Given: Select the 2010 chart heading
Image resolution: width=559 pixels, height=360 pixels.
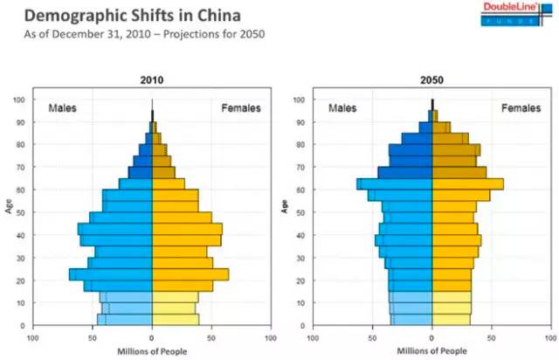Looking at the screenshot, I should point(152,80).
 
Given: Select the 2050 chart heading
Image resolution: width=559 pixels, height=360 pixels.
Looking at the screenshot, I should point(431,80).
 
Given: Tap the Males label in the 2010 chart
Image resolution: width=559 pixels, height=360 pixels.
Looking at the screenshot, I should point(62,108).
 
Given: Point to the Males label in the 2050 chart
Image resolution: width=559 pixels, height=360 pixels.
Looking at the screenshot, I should point(342,108).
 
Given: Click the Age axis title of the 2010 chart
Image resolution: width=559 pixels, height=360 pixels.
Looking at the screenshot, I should point(8,209).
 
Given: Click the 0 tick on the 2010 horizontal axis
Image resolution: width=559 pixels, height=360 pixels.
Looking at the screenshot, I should point(152,337).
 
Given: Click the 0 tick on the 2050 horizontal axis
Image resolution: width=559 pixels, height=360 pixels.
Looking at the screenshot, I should point(432,337).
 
